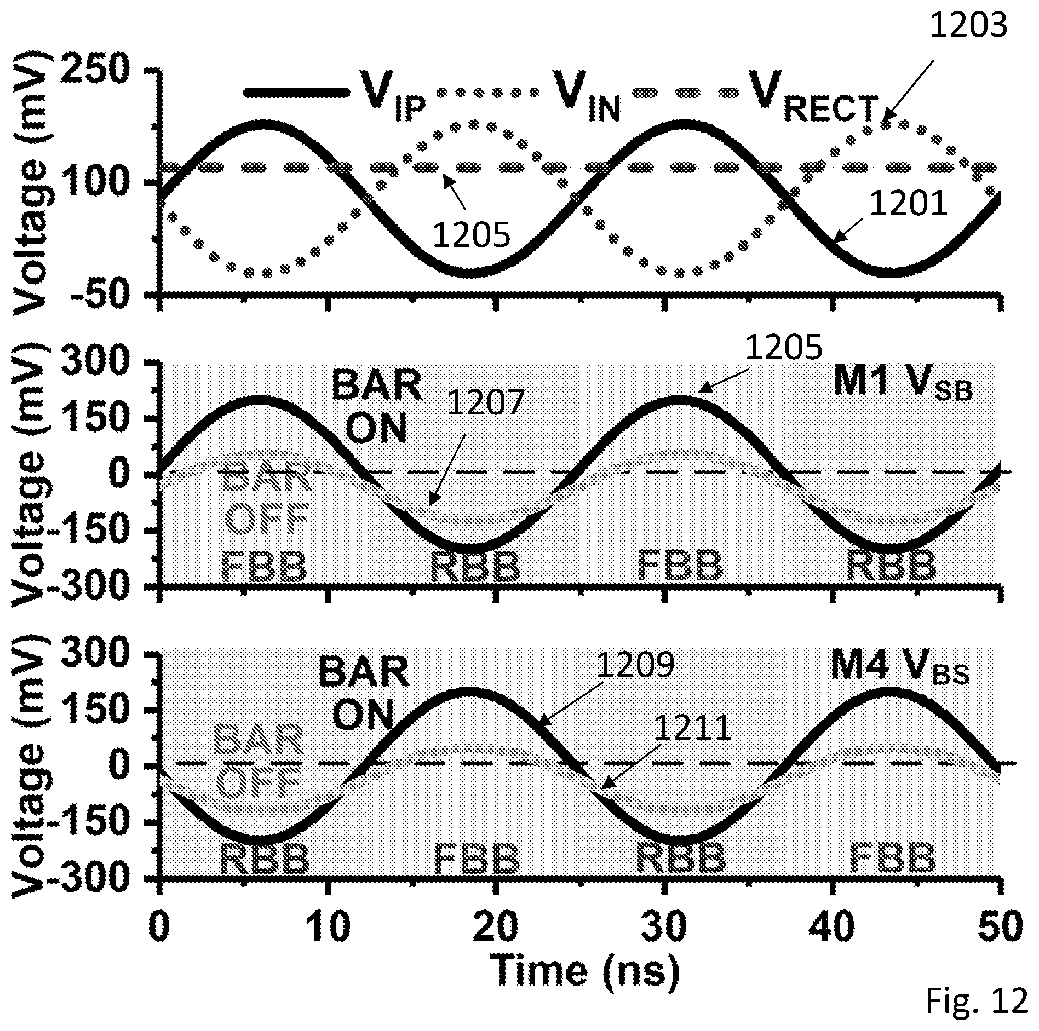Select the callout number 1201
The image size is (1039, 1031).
(x=909, y=204)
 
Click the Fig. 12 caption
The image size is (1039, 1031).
(x=977, y=1001)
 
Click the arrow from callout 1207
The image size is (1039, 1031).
(x=447, y=469)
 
